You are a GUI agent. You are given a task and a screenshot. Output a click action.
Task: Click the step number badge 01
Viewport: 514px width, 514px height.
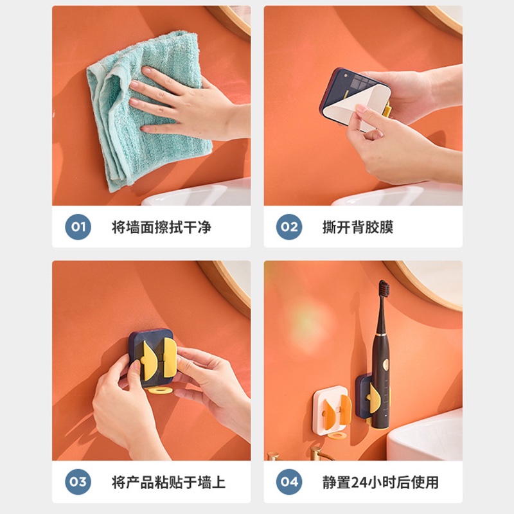(x=78, y=227)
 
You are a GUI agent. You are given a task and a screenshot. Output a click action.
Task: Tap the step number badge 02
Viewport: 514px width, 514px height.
(x=289, y=227)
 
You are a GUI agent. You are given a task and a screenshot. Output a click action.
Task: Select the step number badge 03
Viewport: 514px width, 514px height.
(x=78, y=481)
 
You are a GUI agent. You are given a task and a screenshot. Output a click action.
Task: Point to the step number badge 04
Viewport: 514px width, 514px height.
(x=289, y=481)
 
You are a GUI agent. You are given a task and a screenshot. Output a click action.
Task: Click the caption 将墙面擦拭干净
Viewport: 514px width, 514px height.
(x=161, y=227)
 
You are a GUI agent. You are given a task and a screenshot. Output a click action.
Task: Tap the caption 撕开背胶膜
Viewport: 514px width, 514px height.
(x=358, y=227)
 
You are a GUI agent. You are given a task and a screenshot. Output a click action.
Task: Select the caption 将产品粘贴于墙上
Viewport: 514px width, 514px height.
(x=168, y=481)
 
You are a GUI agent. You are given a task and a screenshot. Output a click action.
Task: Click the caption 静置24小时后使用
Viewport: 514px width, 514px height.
(x=380, y=481)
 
